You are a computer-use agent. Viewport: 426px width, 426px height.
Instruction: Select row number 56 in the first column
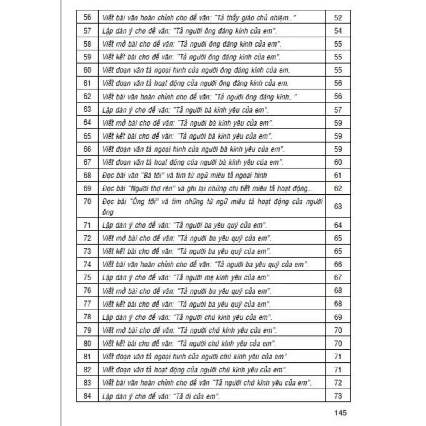87,17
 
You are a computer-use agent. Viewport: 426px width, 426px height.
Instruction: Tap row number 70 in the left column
87,202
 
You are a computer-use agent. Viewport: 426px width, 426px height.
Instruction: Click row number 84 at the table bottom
87,396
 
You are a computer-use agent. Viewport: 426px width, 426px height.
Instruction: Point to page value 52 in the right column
338,17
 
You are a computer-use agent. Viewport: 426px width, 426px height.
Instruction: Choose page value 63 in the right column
338,206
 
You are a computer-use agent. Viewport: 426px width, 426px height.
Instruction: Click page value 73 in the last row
338,396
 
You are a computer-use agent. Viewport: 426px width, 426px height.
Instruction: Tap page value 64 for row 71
338,225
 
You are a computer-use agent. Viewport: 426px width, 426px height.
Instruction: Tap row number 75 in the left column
87,277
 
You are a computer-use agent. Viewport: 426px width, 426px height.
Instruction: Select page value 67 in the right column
338,277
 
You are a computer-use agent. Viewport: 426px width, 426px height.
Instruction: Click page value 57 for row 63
338,110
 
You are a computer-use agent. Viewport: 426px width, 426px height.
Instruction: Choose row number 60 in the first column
87,70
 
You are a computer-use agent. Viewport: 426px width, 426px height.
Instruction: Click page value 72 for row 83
338,382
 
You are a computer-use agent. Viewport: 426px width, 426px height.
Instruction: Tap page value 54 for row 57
338,31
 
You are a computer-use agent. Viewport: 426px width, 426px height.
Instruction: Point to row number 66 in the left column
87,149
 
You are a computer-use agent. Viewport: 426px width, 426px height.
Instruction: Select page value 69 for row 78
338,317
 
